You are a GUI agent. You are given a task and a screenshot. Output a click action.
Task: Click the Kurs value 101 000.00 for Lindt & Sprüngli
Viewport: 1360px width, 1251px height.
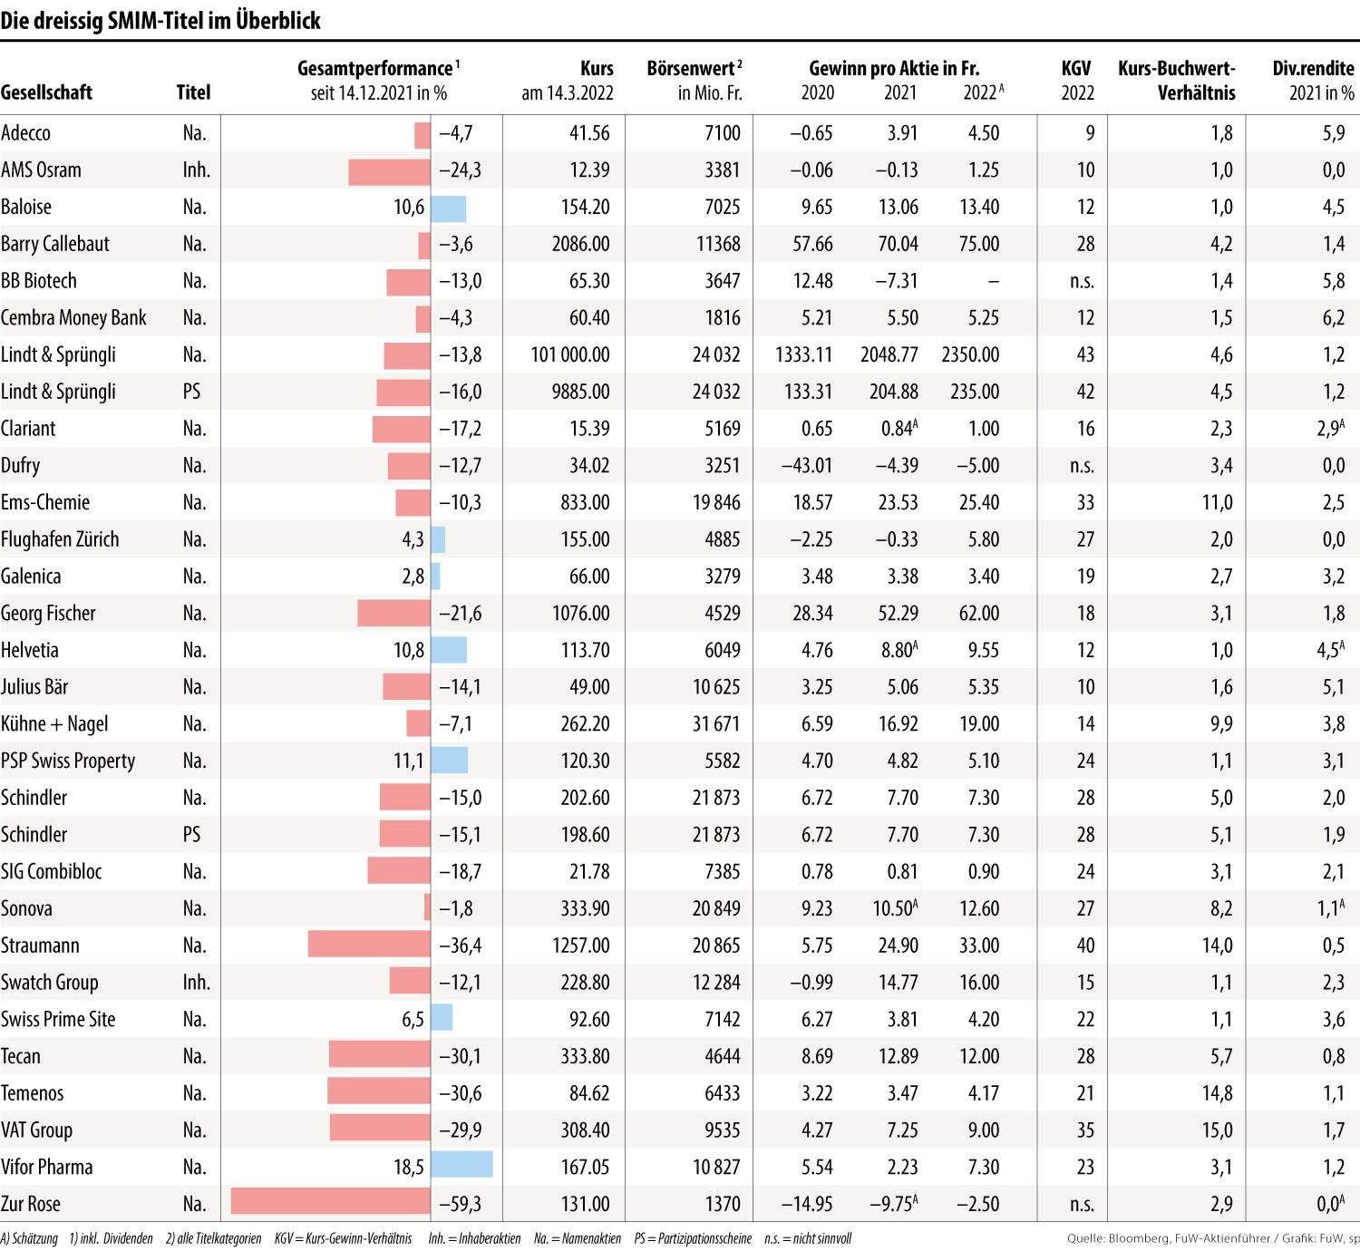pos(570,354)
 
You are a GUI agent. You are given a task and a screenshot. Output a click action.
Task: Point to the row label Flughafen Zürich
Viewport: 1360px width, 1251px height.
pos(60,539)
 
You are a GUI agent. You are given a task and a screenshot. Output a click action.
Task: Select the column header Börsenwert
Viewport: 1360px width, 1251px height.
pos(695,69)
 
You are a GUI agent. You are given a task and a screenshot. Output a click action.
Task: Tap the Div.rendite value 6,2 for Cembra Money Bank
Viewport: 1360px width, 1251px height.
pos(1333,317)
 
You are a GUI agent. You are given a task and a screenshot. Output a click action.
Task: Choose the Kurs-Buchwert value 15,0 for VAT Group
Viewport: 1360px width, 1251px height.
pos(1217,1130)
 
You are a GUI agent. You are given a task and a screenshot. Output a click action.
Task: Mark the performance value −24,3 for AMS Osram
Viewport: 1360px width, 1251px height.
pos(460,170)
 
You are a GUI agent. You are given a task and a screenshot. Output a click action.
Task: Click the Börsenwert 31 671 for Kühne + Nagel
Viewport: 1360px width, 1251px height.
pos(716,723)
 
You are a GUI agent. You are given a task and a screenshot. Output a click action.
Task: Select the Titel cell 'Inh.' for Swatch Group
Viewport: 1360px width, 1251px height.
pos(196,983)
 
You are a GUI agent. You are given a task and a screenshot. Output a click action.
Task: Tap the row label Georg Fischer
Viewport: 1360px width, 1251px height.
pos(48,614)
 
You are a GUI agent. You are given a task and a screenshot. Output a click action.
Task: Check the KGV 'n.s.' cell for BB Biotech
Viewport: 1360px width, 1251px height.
pos(1082,281)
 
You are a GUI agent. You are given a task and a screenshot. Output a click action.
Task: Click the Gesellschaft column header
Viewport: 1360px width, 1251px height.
pos(46,92)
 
